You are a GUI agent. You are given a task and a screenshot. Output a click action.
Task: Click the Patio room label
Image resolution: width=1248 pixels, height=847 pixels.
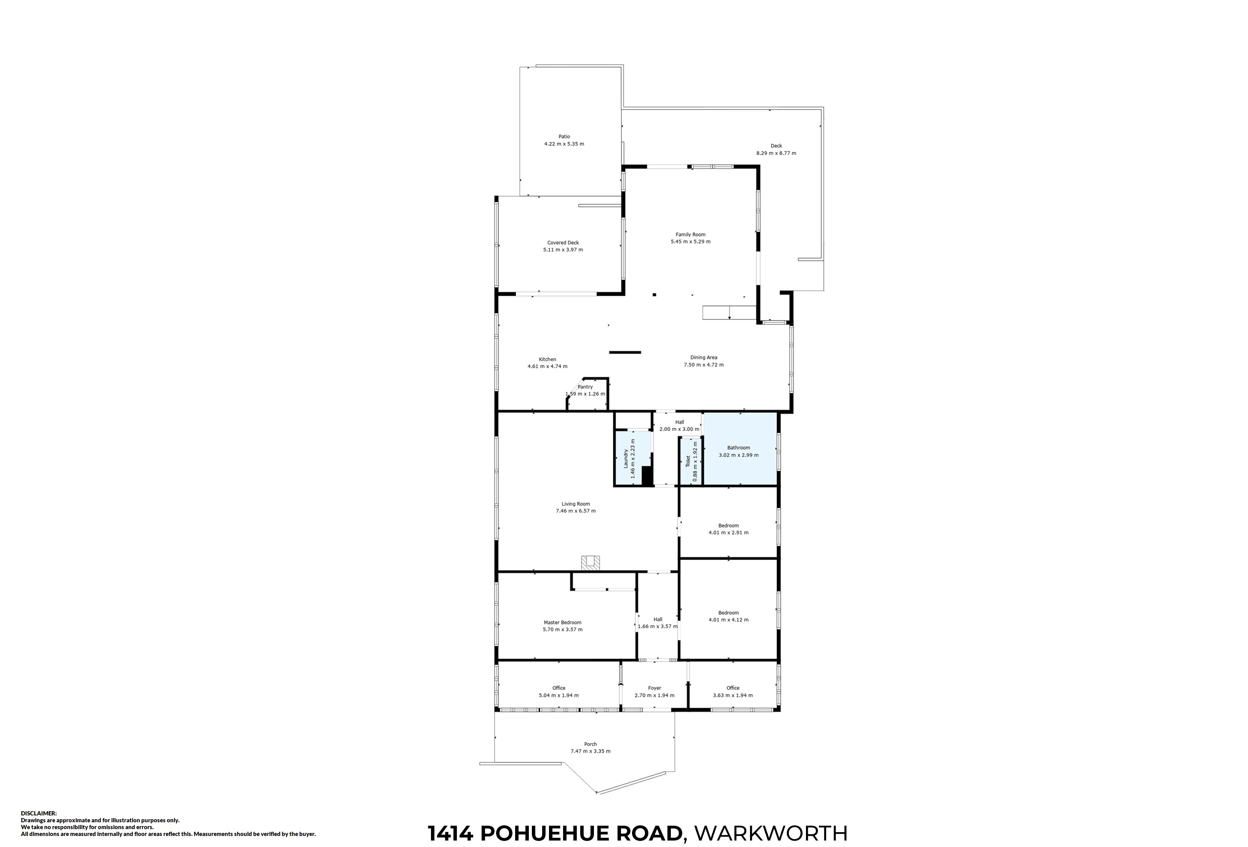click(564, 136)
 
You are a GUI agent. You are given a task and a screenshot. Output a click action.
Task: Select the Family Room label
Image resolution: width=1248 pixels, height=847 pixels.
click(691, 234)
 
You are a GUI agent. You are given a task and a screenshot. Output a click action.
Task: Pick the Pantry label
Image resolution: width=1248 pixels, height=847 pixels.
click(585, 387)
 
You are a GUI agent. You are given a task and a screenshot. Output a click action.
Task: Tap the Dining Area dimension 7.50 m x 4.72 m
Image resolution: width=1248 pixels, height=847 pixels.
click(704, 365)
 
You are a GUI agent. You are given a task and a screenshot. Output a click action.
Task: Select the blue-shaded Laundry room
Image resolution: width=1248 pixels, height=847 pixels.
click(633, 458)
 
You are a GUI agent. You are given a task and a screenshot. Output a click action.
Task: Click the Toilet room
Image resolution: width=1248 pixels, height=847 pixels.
click(691, 461)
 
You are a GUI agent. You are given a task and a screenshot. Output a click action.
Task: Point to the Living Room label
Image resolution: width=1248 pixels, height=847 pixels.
click(576, 504)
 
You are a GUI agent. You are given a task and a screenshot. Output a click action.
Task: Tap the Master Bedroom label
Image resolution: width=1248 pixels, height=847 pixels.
click(562, 623)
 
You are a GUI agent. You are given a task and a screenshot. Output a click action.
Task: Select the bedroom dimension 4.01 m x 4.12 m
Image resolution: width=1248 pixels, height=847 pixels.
click(728, 620)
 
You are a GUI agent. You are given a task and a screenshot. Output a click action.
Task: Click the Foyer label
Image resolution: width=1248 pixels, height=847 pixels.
click(654, 688)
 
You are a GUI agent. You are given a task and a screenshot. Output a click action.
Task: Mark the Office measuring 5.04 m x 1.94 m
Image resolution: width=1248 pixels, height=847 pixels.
click(559, 692)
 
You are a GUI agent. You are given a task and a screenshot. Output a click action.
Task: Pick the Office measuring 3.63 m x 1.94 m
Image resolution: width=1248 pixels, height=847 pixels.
click(733, 692)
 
